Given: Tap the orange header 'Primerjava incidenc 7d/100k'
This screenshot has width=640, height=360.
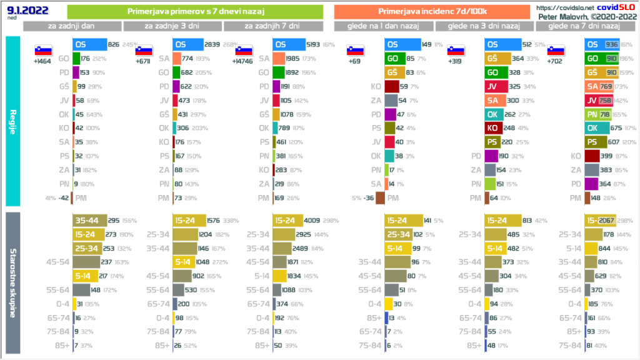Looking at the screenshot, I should pyautogui.click(x=432, y=11).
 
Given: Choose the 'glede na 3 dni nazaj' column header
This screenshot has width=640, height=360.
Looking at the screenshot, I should pyautogui.click(x=484, y=26).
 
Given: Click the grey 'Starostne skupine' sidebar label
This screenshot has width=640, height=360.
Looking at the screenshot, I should pyautogui.click(x=12, y=283).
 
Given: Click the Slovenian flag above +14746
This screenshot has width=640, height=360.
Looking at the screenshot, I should pyautogui.click(x=244, y=51).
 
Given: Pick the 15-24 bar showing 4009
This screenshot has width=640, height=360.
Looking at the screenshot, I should pyautogui.click(x=291, y=220).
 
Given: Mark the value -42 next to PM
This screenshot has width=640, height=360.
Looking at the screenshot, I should pyautogui.click(x=61, y=197).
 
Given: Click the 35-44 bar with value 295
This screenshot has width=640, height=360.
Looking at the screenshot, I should pyautogui.click(x=89, y=220).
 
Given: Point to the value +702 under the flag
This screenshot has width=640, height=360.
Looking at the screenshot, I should pyautogui.click(x=555, y=62).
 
